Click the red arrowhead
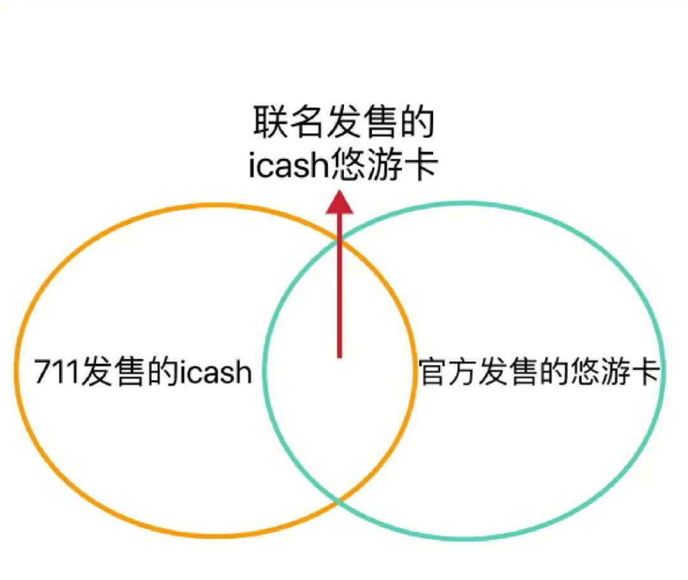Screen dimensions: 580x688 (339, 202)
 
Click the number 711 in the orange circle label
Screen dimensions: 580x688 (57, 372)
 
